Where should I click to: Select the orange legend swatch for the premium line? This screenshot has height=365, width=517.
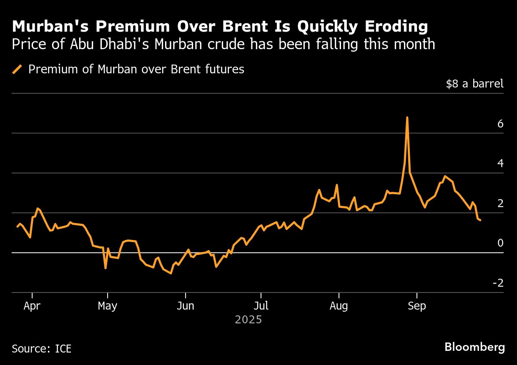[17, 69]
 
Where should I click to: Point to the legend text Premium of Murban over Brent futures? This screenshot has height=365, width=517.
[136, 69]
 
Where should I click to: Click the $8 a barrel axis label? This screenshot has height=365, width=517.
[474, 84]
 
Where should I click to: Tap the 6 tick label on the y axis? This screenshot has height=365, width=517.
[500, 124]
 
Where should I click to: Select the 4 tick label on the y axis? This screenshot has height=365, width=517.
[500, 163]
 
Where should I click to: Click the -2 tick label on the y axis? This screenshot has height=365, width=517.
[498, 283]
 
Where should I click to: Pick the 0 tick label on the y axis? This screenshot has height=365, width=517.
[500, 243]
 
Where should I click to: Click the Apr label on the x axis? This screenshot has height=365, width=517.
[32, 306]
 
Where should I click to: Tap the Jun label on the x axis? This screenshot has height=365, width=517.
[185, 306]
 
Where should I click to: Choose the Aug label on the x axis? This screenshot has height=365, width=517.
[339, 306]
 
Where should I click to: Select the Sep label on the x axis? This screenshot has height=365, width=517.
[417, 306]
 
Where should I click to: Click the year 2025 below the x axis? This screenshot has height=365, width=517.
[248, 320]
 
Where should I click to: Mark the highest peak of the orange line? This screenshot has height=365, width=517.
[407, 118]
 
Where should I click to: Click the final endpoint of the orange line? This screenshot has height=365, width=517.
[480, 220]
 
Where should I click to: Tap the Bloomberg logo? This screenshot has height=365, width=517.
[474, 347]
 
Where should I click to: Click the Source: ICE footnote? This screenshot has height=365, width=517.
[42, 348]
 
